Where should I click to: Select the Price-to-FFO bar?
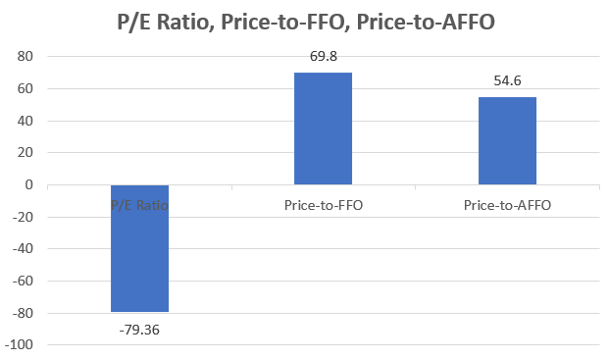click(x=323, y=129)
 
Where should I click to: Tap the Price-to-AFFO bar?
click(x=507, y=140)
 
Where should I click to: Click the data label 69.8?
click(x=323, y=57)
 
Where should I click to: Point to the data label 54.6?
click(x=507, y=82)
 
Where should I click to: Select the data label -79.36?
click(x=139, y=329)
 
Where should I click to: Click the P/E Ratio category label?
click(x=139, y=205)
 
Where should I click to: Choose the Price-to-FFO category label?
click(x=323, y=205)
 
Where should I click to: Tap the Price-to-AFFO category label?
click(x=507, y=205)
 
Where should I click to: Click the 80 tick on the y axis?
click(x=26, y=57)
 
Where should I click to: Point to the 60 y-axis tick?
click(x=26, y=89)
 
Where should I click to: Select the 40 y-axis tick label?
click(x=26, y=121)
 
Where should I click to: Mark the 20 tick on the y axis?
click(x=26, y=153)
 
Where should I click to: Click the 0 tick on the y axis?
click(x=30, y=185)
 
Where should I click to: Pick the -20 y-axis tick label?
click(x=24, y=217)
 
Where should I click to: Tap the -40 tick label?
click(x=24, y=249)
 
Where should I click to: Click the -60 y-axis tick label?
click(x=24, y=282)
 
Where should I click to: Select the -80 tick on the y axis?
click(x=24, y=313)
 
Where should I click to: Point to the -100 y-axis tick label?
click(x=21, y=345)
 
